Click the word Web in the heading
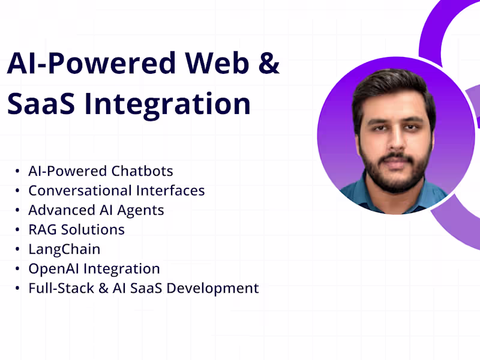pos(217,62)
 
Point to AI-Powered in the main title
pos(89,62)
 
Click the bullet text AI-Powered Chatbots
pos(101,171)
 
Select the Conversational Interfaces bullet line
pos(116,191)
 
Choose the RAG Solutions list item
pos(76,229)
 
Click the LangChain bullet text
pos(64,249)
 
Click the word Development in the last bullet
pos(212,288)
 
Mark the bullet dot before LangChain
pos(17,250)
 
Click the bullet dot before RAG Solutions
pos(17,230)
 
